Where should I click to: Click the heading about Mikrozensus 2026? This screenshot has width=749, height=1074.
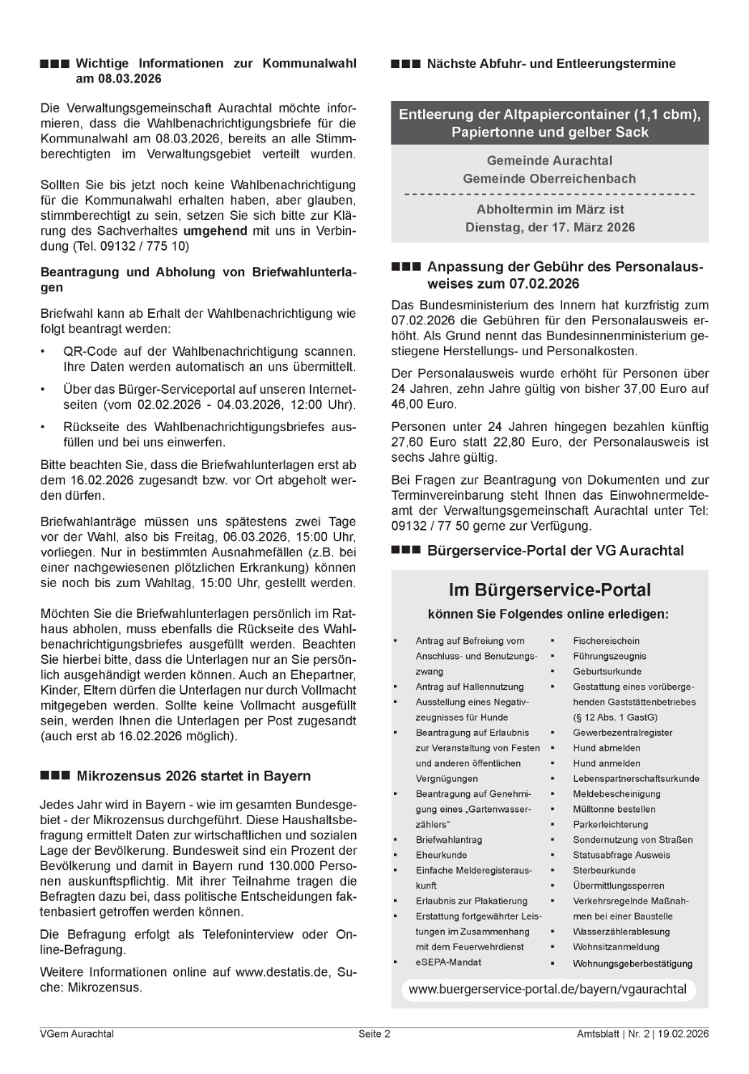point(193,776)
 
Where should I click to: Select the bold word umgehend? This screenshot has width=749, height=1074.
point(215,231)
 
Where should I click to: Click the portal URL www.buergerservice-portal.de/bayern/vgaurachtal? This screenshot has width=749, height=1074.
point(548,990)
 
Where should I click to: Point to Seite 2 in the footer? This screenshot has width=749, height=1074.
point(374,1034)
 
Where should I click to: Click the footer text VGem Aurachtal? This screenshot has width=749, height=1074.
point(77,1034)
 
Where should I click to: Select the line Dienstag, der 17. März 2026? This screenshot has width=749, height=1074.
point(549,227)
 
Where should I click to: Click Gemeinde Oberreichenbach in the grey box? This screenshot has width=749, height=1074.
point(549,178)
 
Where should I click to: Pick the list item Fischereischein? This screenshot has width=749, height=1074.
point(606,641)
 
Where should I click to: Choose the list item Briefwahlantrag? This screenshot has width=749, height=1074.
point(449,840)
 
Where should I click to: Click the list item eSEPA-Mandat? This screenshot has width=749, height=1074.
point(448,962)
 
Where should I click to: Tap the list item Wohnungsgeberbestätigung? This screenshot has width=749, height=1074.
point(632,964)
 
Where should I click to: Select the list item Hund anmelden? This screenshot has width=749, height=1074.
point(607,763)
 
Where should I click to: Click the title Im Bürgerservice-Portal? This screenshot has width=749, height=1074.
point(549,591)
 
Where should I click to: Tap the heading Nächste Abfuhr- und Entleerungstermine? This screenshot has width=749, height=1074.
point(551,64)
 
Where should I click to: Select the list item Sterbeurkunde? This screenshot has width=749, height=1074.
point(604,871)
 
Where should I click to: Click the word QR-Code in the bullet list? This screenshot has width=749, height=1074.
point(89,352)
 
